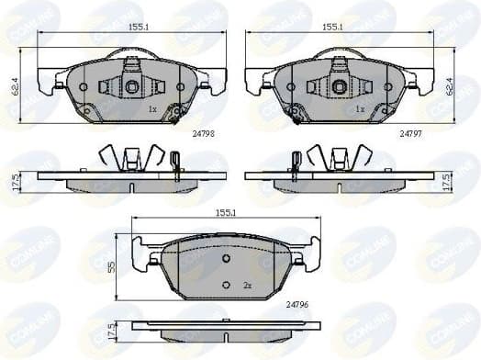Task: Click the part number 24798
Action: coord(203,133)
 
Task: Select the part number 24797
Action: coord(410,133)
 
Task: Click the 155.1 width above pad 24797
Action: coord(331,28)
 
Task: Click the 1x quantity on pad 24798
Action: coord(153,109)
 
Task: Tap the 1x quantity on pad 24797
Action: coord(360,109)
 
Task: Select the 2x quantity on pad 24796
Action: coord(248,287)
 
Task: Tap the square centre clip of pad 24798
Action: coord(131,86)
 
